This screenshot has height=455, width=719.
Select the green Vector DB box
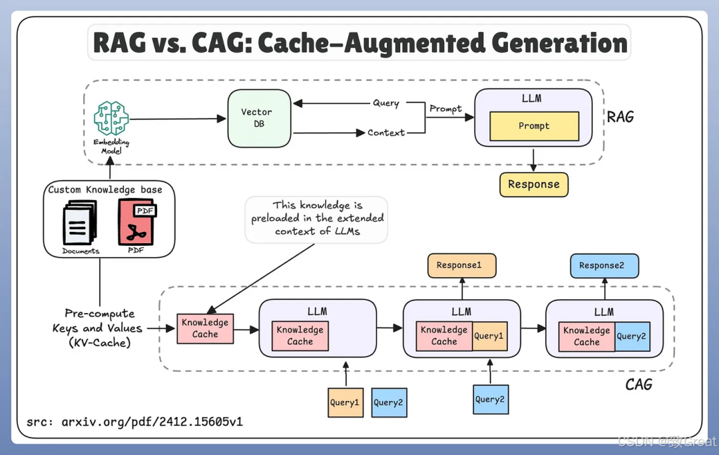[259, 118]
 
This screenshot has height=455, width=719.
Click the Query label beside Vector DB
[386, 103]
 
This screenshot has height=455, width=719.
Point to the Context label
[386, 133]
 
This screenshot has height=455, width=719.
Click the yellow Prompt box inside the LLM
[534, 126]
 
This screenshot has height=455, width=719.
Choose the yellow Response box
[534, 185]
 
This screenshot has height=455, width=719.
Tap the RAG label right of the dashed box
[620, 117]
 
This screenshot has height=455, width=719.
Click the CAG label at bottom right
[638, 384]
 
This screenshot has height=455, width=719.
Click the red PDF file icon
[136, 223]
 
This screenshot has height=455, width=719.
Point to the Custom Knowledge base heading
[105, 190]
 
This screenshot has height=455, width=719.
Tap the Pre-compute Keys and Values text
[99, 328]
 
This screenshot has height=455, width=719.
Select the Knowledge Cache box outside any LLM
[205, 328]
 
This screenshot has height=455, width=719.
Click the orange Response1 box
[461, 265]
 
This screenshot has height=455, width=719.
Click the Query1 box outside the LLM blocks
[345, 402]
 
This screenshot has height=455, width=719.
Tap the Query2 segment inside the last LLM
[631, 336]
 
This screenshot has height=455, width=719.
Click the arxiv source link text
[135, 422]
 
